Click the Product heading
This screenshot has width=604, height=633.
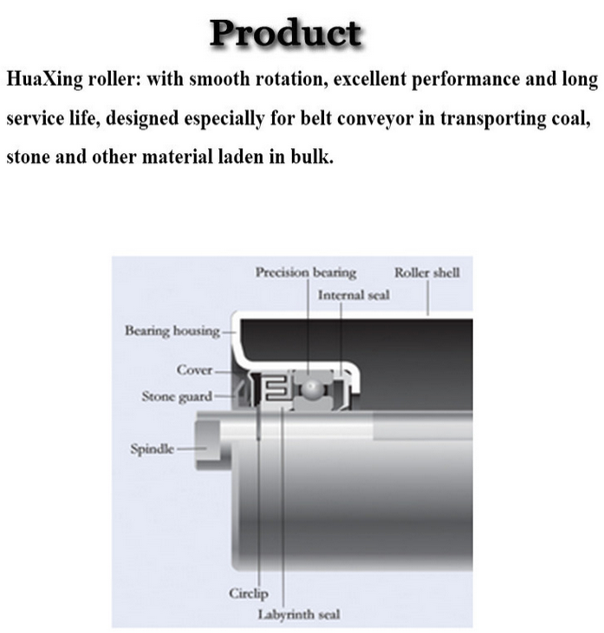285,33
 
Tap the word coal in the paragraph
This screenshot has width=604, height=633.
568,119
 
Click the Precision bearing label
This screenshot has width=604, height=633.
305,273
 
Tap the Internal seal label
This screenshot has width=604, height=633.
354,295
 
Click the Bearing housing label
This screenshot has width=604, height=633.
172,331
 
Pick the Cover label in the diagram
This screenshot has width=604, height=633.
194,371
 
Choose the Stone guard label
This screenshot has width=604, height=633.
176,397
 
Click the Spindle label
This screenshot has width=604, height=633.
152,449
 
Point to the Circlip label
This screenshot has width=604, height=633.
249,594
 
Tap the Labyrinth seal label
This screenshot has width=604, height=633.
299,615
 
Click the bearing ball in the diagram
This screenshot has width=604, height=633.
309,389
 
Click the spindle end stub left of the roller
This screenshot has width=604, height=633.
208,438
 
